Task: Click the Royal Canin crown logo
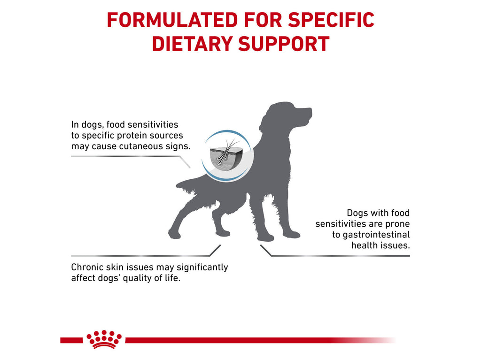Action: pyautogui.click(x=104, y=339)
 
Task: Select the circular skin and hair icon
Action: pyautogui.click(x=227, y=156)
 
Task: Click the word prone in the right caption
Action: pyautogui.click(x=397, y=223)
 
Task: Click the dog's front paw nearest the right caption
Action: pyautogui.click(x=292, y=234)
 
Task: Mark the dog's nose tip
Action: pyautogui.click(x=310, y=111)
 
